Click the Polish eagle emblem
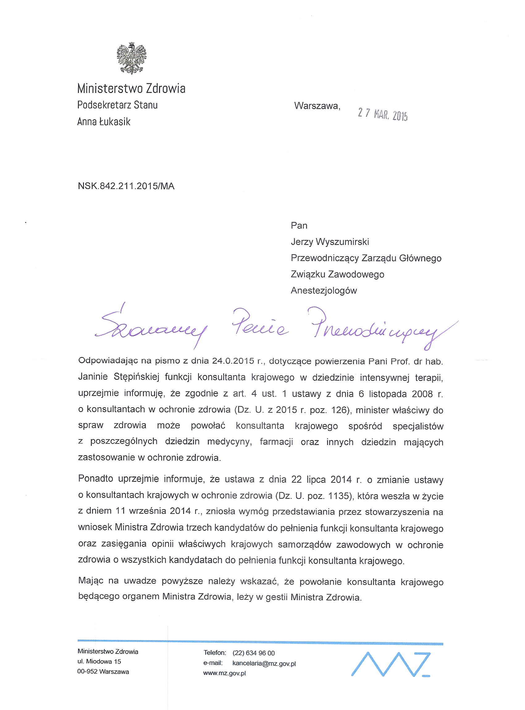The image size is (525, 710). pyautogui.click(x=131, y=58)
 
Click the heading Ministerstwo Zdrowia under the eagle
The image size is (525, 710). pyautogui.click(x=131, y=88)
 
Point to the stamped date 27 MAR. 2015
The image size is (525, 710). pyautogui.click(x=382, y=114)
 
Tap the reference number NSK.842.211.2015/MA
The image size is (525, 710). pyautogui.click(x=126, y=186)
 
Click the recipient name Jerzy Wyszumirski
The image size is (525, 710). pyautogui.click(x=330, y=242)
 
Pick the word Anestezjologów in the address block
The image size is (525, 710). pyautogui.click(x=324, y=291)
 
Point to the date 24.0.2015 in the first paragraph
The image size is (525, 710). pyautogui.click(x=233, y=361)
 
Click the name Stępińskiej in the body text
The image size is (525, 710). pyautogui.click(x=136, y=377)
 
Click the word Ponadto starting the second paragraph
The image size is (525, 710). pyautogui.click(x=95, y=479)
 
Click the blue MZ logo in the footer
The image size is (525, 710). pyautogui.click(x=391, y=664)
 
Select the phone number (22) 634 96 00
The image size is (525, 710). pyautogui.click(x=253, y=653)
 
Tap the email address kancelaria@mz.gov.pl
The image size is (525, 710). pyautogui.click(x=264, y=663)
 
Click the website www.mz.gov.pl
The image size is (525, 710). pyautogui.click(x=225, y=673)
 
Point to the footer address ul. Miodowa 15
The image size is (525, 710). pyautogui.click(x=99, y=662)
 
